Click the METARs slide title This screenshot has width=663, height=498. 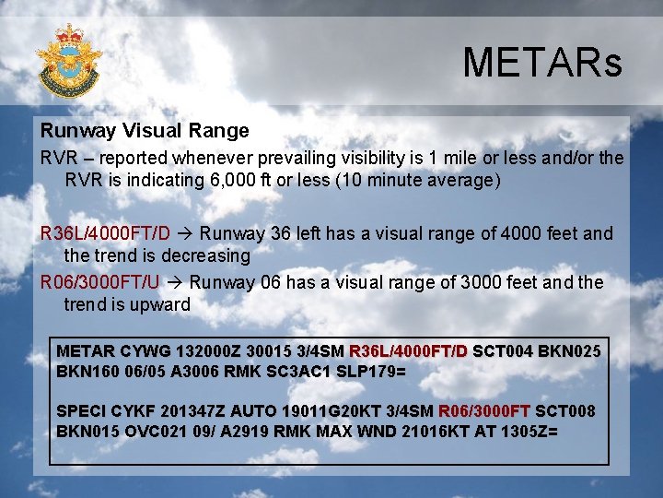[542, 63]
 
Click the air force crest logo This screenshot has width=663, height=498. [69, 59]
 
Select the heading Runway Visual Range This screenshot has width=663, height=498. [145, 131]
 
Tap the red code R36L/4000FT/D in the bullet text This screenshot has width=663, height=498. [105, 233]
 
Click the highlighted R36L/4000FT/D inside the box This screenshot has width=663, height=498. [408, 351]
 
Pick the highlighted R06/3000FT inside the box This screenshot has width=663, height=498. [483, 410]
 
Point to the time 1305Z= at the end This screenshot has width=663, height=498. [525, 431]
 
